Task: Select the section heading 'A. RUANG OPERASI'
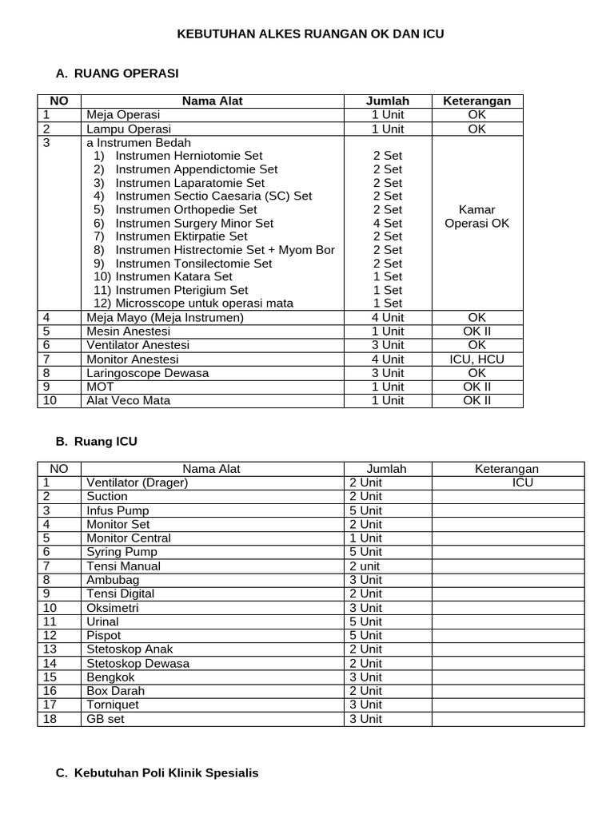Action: click(117, 73)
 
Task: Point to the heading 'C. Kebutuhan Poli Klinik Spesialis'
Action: click(157, 773)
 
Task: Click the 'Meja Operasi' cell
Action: click(123, 115)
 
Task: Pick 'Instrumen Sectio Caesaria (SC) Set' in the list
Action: click(213, 196)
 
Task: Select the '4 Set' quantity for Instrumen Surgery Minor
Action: click(388, 223)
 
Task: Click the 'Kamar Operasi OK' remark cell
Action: click(476, 216)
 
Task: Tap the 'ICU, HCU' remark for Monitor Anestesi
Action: click(476, 359)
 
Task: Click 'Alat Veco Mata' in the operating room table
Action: click(128, 400)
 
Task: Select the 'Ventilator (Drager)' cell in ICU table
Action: click(137, 482)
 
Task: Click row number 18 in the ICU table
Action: click(50, 719)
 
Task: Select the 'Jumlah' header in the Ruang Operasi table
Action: click(388, 101)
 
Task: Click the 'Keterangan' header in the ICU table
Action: click(507, 469)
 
